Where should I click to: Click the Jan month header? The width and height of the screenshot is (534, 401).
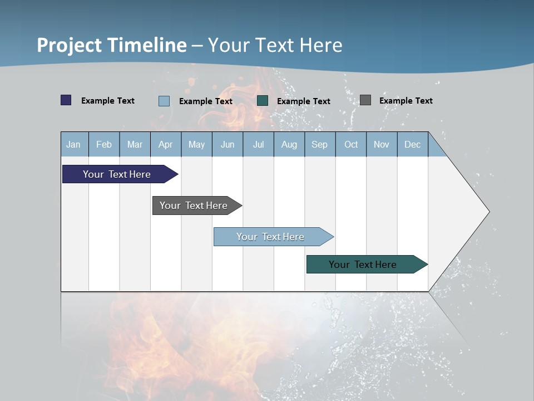click(x=74, y=144)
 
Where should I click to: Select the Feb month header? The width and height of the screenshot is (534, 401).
click(x=104, y=144)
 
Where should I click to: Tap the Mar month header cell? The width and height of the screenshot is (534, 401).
click(x=135, y=144)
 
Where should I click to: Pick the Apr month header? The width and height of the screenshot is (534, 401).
click(x=166, y=144)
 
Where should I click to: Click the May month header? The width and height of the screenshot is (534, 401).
click(x=196, y=144)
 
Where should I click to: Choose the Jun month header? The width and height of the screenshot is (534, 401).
click(x=228, y=144)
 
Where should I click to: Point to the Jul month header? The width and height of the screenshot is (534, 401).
click(x=258, y=144)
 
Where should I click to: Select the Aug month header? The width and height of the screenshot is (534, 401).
click(x=289, y=144)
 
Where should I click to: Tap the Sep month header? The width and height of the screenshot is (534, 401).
click(x=320, y=144)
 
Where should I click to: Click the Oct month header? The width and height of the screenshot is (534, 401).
click(x=351, y=144)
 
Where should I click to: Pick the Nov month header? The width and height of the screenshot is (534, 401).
click(x=382, y=144)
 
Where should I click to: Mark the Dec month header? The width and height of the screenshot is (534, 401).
click(x=413, y=144)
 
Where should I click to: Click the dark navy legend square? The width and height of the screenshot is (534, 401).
click(x=66, y=100)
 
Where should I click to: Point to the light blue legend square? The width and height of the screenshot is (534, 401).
click(x=164, y=101)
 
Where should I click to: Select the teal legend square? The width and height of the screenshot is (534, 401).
click(x=263, y=101)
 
